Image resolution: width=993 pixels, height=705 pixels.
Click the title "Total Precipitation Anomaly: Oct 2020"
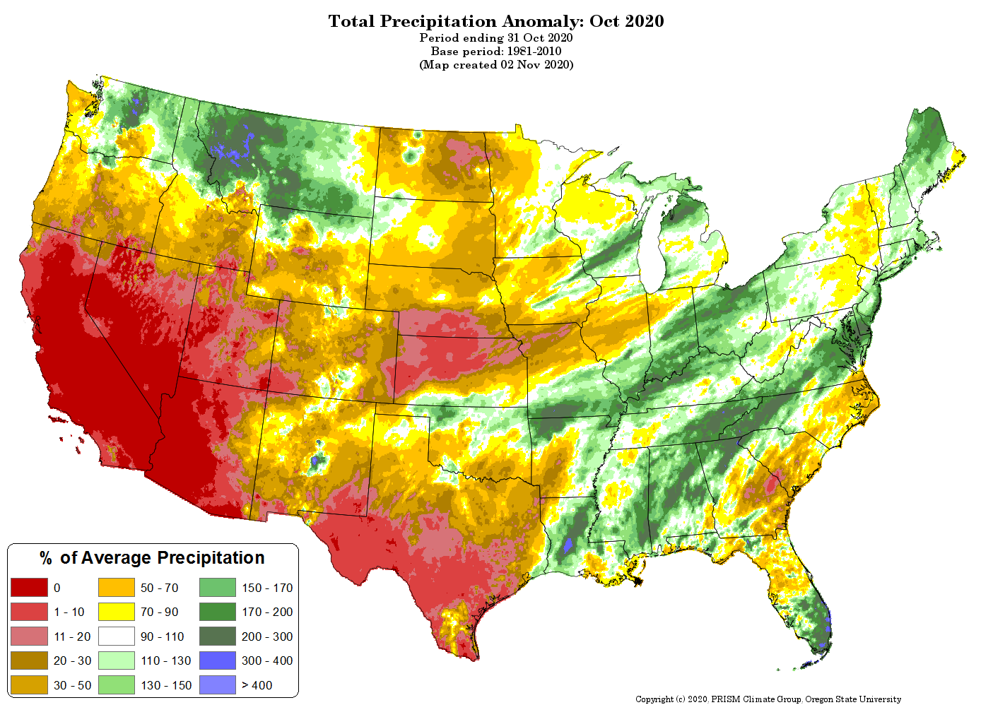point(496,21)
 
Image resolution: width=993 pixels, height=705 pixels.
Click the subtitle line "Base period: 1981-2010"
point(496,51)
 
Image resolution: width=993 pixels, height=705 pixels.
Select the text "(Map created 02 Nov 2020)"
point(496,64)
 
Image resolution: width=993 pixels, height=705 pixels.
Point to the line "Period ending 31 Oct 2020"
point(496,37)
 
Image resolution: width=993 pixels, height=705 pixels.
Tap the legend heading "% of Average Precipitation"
point(153,558)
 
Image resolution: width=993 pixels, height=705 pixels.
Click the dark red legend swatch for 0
point(29,588)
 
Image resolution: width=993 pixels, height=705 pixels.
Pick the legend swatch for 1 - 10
point(29,612)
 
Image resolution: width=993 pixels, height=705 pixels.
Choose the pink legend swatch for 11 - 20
point(29,636)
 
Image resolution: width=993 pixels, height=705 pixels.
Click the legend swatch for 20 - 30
point(29,660)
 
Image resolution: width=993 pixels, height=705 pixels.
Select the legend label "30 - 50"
point(73,685)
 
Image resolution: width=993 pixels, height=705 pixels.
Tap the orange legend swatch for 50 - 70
point(116,588)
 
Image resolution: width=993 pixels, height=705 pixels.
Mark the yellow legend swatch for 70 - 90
point(116,612)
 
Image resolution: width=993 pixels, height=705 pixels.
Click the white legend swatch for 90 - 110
point(116,636)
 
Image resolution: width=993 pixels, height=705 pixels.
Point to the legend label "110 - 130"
point(166,660)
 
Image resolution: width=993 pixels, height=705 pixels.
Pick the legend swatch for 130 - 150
point(116,685)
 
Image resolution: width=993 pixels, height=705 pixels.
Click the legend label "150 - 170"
point(267,588)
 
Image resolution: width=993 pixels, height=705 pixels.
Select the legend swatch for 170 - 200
point(218,612)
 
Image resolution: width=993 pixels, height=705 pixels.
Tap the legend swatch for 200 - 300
point(218,636)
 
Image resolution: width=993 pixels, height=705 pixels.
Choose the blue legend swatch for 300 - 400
point(218,660)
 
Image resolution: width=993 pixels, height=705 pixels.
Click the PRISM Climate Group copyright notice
point(768,699)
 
